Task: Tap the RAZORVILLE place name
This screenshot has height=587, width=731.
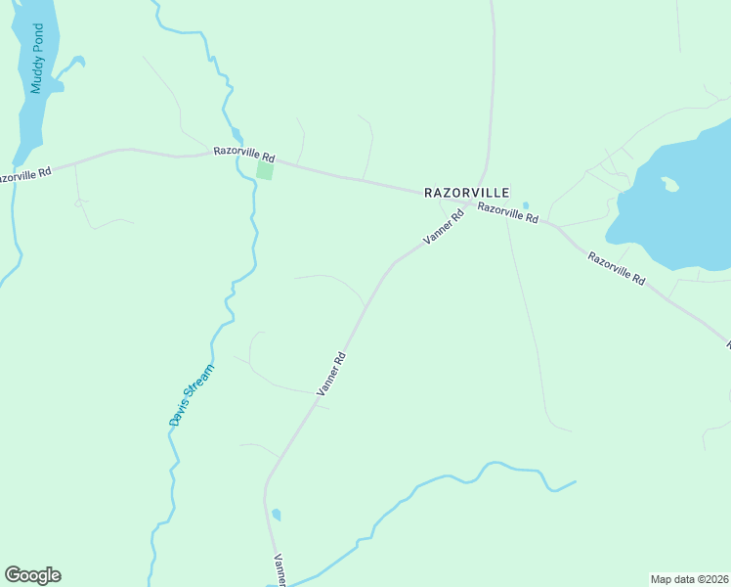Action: pyautogui.click(x=467, y=193)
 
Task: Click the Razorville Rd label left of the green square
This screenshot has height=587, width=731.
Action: pyautogui.click(x=245, y=155)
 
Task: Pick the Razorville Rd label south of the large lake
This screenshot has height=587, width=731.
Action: pyautogui.click(x=617, y=268)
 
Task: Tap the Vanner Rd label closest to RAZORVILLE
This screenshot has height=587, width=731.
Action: pyautogui.click(x=442, y=226)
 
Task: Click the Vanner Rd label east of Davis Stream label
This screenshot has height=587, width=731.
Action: pyautogui.click(x=332, y=373)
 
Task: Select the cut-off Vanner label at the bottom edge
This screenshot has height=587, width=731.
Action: pyautogui.click(x=279, y=569)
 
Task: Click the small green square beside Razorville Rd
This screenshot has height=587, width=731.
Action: pyautogui.click(x=265, y=170)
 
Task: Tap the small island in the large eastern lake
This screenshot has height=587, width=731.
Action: pyautogui.click(x=669, y=183)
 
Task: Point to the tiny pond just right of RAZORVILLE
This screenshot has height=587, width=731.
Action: pyautogui.click(x=526, y=205)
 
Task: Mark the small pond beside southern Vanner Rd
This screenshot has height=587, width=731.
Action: pyautogui.click(x=277, y=515)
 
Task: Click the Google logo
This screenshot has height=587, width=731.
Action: pyautogui.click(x=32, y=575)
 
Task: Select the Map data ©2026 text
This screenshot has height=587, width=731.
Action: pyautogui.click(x=689, y=578)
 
